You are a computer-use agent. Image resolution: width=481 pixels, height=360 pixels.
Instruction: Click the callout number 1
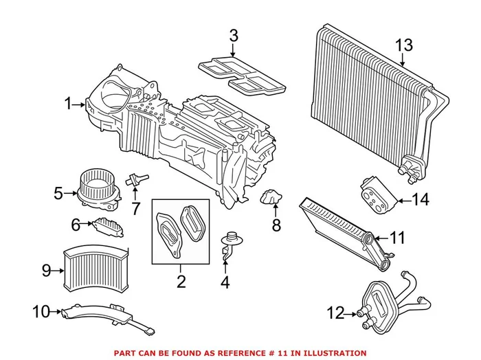(68, 104)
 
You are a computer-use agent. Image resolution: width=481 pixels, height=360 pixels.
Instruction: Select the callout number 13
(404, 45)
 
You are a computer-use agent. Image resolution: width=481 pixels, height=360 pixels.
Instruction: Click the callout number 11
(398, 238)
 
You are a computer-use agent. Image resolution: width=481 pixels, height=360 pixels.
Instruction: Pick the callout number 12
(335, 313)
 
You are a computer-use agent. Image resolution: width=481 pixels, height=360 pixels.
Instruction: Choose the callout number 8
(276, 224)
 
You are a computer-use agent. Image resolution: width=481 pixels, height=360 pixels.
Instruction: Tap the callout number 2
(181, 281)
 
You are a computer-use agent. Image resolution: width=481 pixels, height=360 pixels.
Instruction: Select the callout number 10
(41, 311)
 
